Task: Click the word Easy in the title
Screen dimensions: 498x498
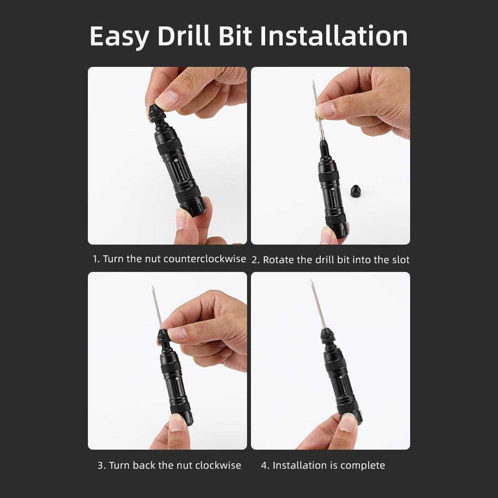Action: pos(119,37)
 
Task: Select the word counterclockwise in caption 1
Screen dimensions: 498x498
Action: pos(205,259)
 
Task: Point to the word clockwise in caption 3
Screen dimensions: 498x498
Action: pos(218,465)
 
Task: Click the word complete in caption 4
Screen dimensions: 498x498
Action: pos(363,465)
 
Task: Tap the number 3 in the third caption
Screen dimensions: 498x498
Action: pos(101,465)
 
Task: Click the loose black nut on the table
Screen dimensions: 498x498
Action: pos(356,191)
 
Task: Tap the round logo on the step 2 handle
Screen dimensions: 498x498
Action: pos(332,189)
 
